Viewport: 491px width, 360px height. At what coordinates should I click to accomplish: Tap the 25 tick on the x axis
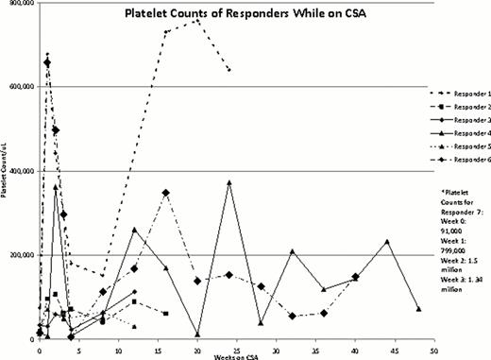tap(236, 349)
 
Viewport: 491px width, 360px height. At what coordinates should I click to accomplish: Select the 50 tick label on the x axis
tap(432, 349)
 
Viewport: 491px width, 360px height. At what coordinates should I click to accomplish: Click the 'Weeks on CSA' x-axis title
tap(233, 356)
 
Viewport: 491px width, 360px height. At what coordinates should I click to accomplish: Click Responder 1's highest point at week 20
tap(196, 19)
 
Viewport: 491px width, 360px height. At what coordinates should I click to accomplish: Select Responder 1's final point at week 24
tap(229, 70)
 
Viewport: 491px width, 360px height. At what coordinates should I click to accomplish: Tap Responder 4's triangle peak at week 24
tap(229, 182)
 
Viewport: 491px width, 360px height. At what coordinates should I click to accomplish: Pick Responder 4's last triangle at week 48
tap(418, 309)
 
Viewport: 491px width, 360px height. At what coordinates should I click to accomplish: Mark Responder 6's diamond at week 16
tap(165, 193)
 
